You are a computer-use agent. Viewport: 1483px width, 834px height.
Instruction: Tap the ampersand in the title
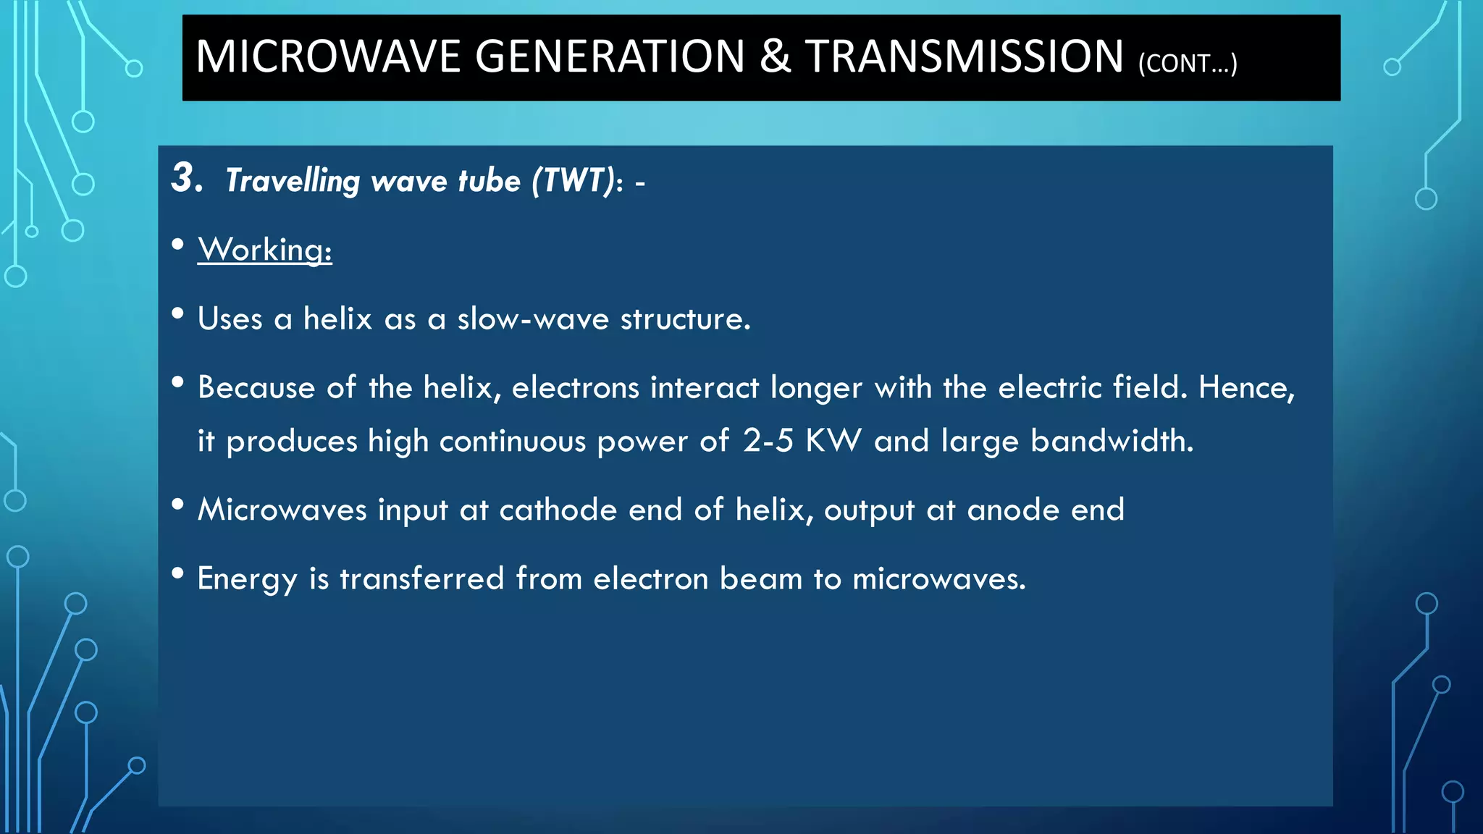click(775, 56)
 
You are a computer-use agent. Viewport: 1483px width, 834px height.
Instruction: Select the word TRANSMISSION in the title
click(965, 56)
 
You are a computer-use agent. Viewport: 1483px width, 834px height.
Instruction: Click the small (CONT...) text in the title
click(1188, 64)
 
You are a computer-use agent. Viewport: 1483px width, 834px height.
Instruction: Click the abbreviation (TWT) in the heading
click(574, 180)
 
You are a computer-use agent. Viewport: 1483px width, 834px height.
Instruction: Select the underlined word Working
click(264, 250)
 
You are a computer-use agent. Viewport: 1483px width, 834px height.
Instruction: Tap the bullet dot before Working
click(178, 245)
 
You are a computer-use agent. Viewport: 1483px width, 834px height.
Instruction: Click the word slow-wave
click(533, 319)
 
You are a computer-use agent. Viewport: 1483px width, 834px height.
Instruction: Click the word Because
click(256, 387)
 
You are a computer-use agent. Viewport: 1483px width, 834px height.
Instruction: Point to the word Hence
click(1245, 387)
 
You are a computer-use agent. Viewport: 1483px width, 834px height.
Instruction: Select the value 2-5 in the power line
click(768, 441)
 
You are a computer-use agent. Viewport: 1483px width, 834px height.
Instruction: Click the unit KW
click(833, 441)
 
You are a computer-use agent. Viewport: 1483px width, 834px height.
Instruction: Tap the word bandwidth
click(1112, 441)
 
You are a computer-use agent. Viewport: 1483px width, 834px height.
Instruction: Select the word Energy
click(247, 579)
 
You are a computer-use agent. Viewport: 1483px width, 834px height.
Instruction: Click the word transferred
click(422, 578)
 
